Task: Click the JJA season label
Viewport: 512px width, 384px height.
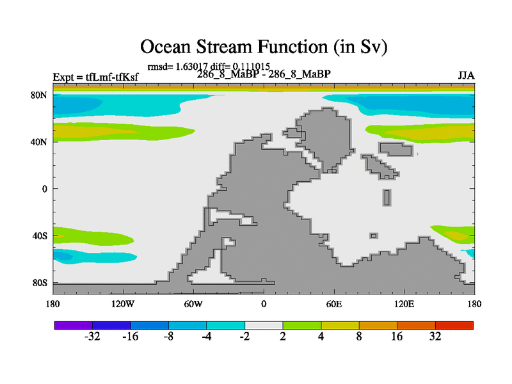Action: [466, 76]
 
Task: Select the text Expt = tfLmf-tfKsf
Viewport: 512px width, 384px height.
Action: [95, 77]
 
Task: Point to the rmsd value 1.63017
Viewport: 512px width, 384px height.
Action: [190, 66]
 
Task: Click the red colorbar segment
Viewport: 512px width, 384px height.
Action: [454, 325]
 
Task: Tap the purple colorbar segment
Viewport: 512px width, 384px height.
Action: [73, 325]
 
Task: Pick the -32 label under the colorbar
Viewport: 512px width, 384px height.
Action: [93, 337]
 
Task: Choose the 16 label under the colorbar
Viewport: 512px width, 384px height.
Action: [397, 337]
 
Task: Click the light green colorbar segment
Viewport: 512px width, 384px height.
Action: [302, 325]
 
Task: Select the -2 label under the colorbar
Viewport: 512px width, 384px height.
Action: [244, 337]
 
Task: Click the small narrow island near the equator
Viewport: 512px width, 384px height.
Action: [387, 197]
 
